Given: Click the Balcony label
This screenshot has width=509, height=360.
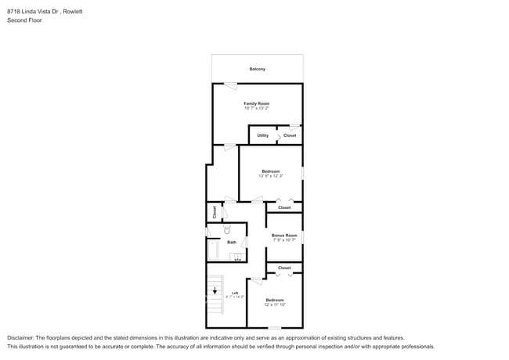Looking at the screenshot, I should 257,69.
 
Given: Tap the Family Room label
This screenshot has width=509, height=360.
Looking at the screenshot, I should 256,103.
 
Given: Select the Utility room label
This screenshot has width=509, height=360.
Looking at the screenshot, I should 262,135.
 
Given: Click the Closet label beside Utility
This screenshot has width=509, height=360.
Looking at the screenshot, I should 290,135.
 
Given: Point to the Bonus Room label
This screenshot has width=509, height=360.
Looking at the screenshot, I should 284,235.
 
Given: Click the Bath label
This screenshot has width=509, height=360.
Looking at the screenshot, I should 232,243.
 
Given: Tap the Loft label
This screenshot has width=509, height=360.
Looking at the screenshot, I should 234,293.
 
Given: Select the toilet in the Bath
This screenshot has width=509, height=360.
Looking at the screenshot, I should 227,229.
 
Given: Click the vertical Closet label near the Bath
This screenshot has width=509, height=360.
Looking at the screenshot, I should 214,211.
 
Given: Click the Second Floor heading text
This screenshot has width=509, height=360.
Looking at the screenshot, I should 24,20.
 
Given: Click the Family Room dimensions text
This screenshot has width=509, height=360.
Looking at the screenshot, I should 256,109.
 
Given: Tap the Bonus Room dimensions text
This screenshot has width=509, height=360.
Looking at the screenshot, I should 284,240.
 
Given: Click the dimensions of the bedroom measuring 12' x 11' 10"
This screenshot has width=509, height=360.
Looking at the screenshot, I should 274,305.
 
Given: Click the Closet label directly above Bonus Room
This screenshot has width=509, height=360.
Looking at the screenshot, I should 284,207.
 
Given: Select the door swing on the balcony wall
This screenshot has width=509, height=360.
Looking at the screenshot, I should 230,85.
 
